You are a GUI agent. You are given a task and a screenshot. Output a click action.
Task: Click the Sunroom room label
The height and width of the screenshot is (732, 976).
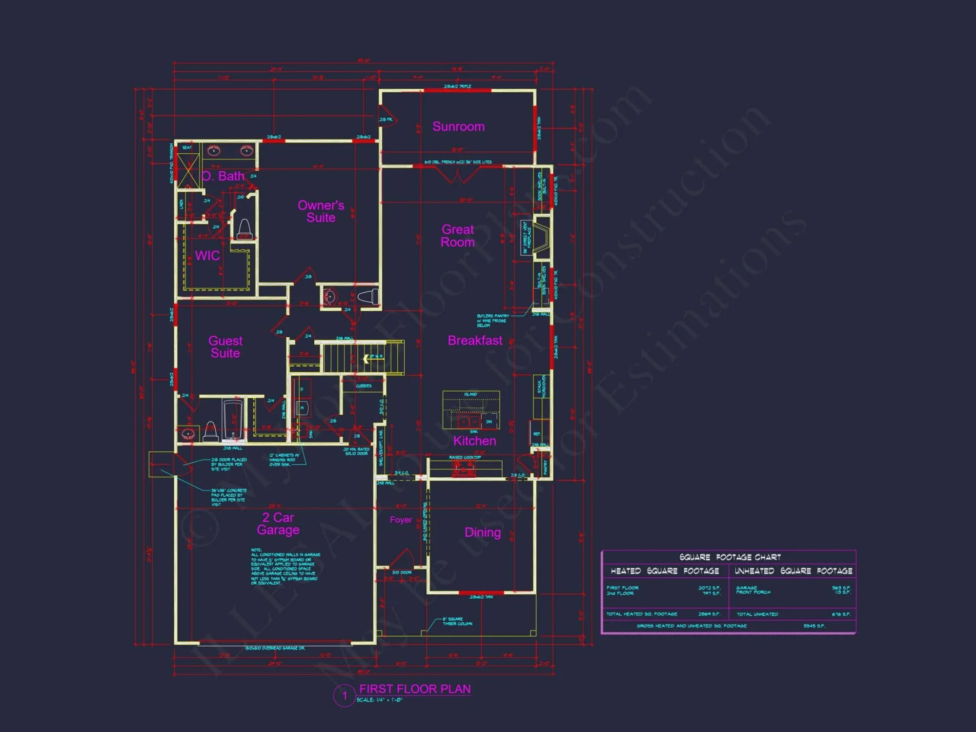[x=458, y=127]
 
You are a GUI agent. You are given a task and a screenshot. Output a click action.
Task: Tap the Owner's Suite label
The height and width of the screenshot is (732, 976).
[x=321, y=211]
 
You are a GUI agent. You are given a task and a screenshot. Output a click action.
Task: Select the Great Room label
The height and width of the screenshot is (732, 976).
[x=458, y=236]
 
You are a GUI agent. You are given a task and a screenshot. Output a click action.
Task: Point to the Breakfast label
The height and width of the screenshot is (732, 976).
[x=475, y=341]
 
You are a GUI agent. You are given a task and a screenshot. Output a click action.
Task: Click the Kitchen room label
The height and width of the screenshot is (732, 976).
[x=474, y=441]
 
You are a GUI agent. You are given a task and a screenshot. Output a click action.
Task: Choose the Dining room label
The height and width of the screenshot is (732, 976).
[x=483, y=532]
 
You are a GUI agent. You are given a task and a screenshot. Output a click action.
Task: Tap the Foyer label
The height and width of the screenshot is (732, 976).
[x=401, y=520]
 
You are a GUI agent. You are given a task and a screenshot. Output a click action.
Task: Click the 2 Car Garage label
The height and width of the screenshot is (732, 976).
[x=278, y=524]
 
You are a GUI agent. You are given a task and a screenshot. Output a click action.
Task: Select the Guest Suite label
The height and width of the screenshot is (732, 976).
[x=225, y=347]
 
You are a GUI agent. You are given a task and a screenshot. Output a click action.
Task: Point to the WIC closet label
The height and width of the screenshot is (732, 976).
[x=207, y=256]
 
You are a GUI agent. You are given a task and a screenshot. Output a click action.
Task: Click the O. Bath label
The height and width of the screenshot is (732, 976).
[x=223, y=176]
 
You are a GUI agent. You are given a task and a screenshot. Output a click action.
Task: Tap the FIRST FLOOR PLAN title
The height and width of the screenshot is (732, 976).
[x=415, y=689]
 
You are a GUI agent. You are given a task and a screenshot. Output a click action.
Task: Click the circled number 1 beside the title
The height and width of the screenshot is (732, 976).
[x=345, y=695]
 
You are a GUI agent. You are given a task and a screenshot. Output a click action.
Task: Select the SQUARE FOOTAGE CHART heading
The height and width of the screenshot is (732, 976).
[x=730, y=557]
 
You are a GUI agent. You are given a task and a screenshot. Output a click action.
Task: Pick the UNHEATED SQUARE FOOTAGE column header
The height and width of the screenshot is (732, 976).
[x=793, y=571]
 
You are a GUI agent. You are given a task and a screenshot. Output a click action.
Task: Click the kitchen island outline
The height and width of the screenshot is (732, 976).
[x=471, y=410]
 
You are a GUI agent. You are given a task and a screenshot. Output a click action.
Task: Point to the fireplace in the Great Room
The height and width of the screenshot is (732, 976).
[x=541, y=238]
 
